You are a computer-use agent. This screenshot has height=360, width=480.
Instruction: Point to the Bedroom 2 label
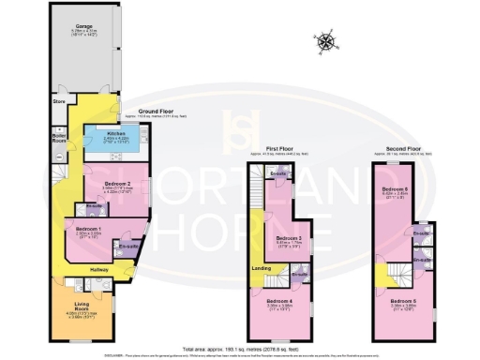click(x=116, y=183)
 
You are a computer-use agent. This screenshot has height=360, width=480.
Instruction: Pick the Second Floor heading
click(x=401, y=147)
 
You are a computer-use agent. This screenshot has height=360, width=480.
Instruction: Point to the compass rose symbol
click(x=326, y=40)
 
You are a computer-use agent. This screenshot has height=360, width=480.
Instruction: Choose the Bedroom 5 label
click(x=405, y=302)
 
